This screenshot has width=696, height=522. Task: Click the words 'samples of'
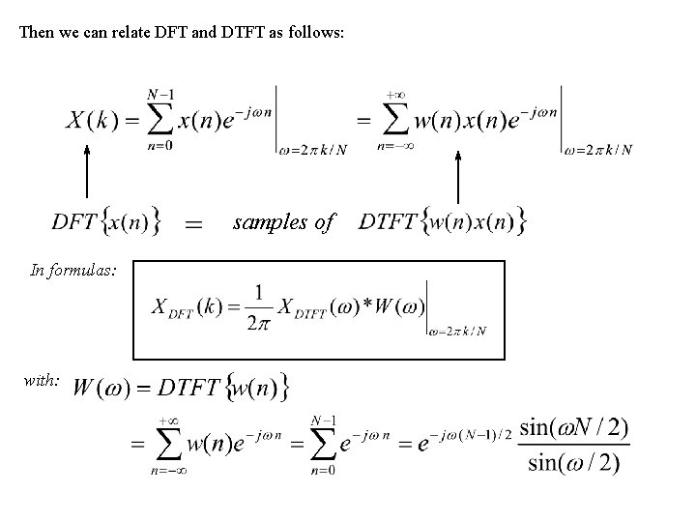pos(283,222)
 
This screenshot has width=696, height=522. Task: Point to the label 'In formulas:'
pos(73,271)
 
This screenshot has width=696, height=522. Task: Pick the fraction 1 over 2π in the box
pos(258,307)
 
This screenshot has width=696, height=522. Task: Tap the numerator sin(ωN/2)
pos(573,426)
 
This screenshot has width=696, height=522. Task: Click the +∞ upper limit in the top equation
pos(394,96)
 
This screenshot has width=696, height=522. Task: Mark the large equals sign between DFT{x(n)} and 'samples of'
pos(193,224)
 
